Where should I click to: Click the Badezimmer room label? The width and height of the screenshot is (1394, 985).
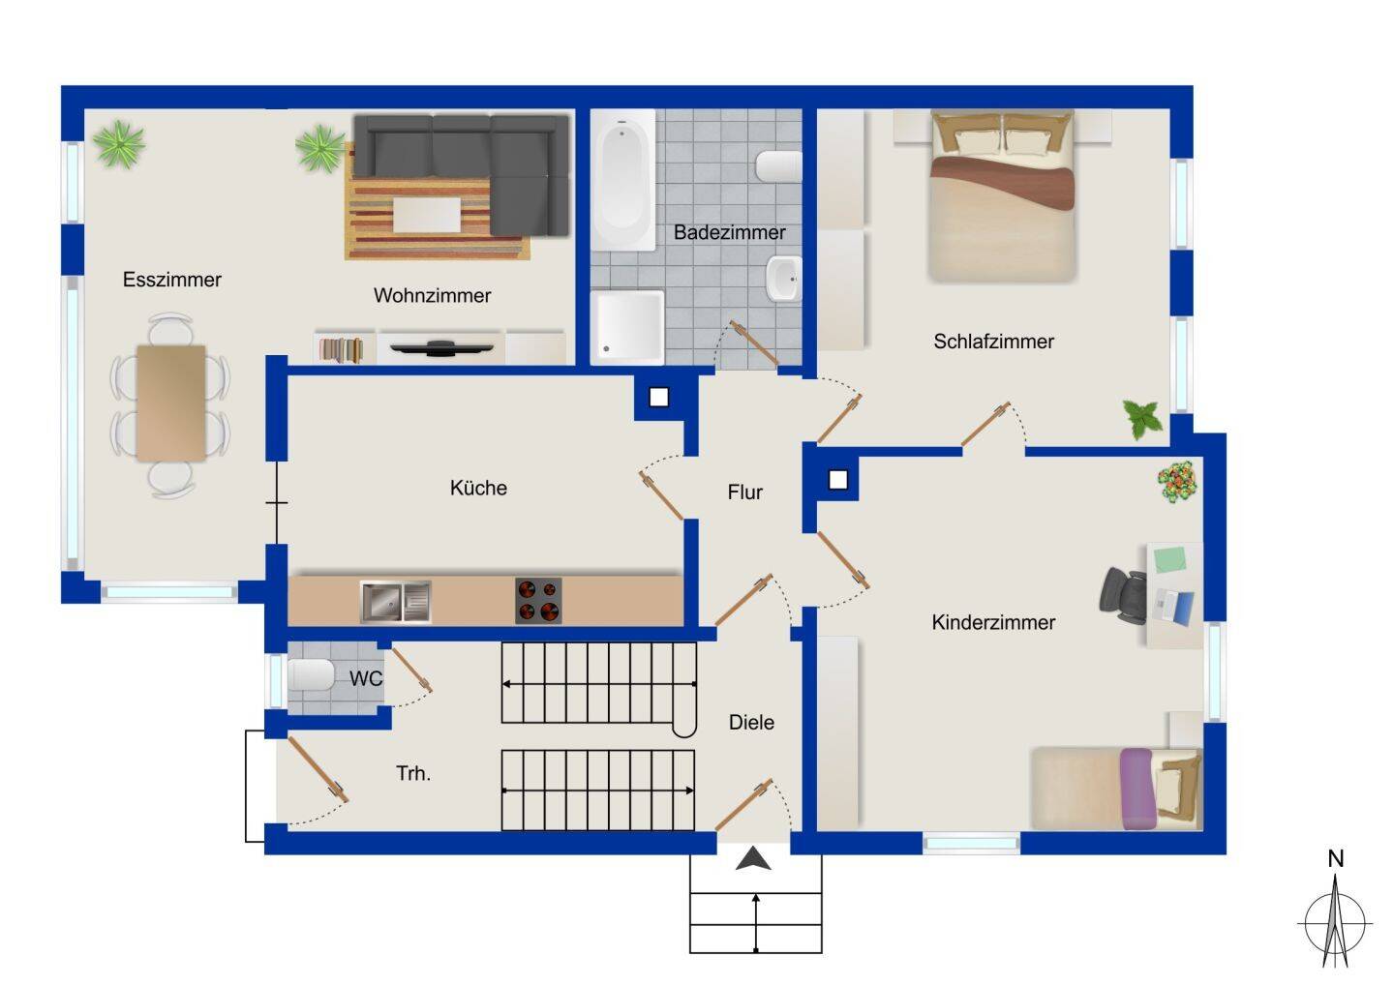point(729,232)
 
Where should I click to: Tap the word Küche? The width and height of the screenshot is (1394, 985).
point(478,488)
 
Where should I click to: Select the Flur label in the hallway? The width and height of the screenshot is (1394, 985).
point(745,492)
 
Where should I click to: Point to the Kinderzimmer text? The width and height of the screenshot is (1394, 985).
point(993,622)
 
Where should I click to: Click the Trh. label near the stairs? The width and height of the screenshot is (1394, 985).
point(413,773)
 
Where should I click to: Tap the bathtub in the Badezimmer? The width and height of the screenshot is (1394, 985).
point(623,180)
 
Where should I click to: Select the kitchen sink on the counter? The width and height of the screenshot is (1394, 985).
point(396,601)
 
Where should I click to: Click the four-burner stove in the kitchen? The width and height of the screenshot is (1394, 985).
point(538,601)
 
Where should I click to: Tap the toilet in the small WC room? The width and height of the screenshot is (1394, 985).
point(311,674)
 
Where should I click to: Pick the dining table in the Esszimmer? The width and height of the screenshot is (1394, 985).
point(171,403)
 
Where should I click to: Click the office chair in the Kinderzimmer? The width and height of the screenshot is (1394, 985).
point(1123,596)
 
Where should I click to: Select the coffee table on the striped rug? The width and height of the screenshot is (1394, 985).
point(427,215)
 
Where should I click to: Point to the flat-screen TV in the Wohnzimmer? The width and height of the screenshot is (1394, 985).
point(441,348)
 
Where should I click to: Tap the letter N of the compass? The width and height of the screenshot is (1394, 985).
point(1336,859)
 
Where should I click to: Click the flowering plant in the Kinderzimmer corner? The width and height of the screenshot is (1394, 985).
point(1177,481)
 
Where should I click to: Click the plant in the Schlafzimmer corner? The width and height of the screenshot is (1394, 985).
point(1143,419)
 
